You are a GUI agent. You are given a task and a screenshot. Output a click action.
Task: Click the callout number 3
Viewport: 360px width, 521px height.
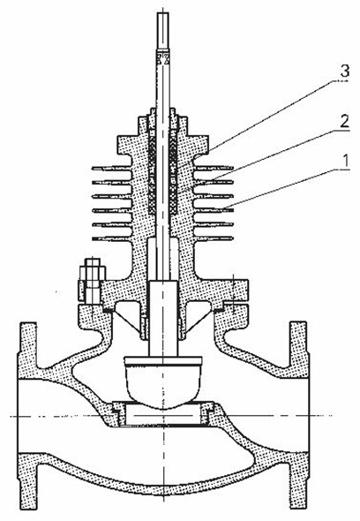click(345, 72)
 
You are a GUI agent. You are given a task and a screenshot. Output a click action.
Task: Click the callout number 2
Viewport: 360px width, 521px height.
click(345, 122)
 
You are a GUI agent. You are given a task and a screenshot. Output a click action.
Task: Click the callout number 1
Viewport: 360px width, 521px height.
click(346, 161)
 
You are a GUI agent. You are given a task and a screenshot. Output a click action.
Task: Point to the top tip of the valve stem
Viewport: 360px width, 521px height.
click(162, 12)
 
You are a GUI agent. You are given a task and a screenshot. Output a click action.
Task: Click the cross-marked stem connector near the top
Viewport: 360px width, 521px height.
click(162, 58)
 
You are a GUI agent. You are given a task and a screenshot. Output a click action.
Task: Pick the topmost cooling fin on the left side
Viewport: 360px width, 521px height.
click(112, 169)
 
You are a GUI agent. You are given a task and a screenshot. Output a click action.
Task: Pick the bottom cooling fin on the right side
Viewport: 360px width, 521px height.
click(214, 238)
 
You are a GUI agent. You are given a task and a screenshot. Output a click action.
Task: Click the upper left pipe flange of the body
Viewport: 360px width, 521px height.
click(27, 345)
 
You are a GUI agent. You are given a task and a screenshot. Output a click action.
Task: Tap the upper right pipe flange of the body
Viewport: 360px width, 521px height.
click(299, 345)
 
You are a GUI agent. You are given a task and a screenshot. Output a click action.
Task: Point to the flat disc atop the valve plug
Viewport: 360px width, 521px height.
click(162, 360)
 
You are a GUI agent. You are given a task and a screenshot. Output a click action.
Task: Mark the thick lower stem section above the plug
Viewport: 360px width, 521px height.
click(162, 318)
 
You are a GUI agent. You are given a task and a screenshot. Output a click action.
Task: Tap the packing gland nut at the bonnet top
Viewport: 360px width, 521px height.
click(162, 118)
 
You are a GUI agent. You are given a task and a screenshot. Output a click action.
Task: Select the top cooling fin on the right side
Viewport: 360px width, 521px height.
click(214, 168)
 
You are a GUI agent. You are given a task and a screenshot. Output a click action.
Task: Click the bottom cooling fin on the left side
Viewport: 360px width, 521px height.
click(112, 238)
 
